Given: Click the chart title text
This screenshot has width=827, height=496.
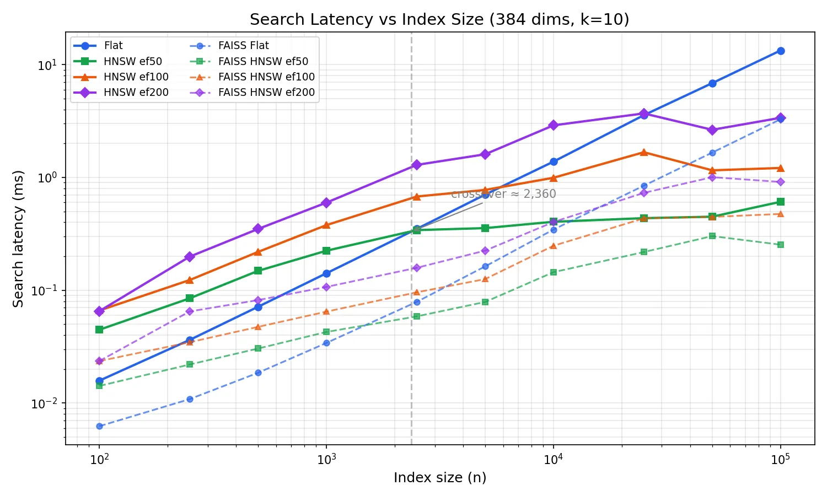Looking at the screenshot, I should pyautogui.click(x=439, y=20).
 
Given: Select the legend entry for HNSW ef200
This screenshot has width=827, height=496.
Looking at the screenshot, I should pyautogui.click(x=136, y=93).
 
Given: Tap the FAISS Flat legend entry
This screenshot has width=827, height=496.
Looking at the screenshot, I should pyautogui.click(x=244, y=46).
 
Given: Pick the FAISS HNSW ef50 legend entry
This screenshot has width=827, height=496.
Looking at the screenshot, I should pyautogui.click(x=263, y=61).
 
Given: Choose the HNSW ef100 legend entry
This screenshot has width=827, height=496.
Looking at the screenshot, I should pyautogui.click(x=136, y=77).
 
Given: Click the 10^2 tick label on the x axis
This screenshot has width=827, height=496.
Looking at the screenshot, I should pyautogui.click(x=99, y=460).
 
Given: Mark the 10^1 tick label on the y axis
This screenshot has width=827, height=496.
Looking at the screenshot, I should pyautogui.click(x=47, y=66).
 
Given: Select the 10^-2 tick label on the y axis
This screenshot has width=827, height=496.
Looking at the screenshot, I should pyautogui.click(x=45, y=404).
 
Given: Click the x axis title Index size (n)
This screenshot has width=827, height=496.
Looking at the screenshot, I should pyautogui.click(x=440, y=478).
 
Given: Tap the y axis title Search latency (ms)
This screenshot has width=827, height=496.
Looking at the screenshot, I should pyautogui.click(x=19, y=239).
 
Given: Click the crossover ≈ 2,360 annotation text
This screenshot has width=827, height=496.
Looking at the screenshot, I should pyautogui.click(x=503, y=194).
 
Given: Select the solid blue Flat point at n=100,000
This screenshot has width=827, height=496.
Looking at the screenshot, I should pyautogui.click(x=781, y=51).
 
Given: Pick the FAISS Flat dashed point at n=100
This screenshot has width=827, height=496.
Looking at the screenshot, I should pyautogui.click(x=99, y=426).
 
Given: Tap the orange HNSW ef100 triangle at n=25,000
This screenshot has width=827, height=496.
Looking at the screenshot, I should pyautogui.click(x=643, y=152).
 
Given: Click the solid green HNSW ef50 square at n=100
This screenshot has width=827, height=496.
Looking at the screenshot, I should pyautogui.click(x=99, y=330).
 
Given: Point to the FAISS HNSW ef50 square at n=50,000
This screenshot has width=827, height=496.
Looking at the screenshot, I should pyautogui.click(x=712, y=236).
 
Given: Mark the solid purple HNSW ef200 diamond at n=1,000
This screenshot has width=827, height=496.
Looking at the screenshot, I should pyautogui.click(x=326, y=203).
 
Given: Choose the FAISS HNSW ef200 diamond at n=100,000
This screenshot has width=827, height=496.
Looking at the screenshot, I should pyautogui.click(x=781, y=182).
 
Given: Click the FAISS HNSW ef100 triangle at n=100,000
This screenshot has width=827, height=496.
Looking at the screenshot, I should pyautogui.click(x=781, y=214).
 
